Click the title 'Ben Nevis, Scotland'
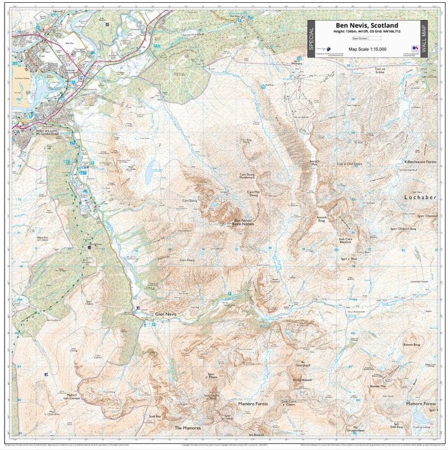click(367, 25)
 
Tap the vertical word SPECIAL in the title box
click(312, 38)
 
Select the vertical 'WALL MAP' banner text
click(423, 38)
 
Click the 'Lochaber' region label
click(420, 198)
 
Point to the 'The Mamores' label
click(187, 428)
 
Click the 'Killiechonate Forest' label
click(420, 161)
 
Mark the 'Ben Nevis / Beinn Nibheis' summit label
click(244, 222)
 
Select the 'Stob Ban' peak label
click(155, 416)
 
